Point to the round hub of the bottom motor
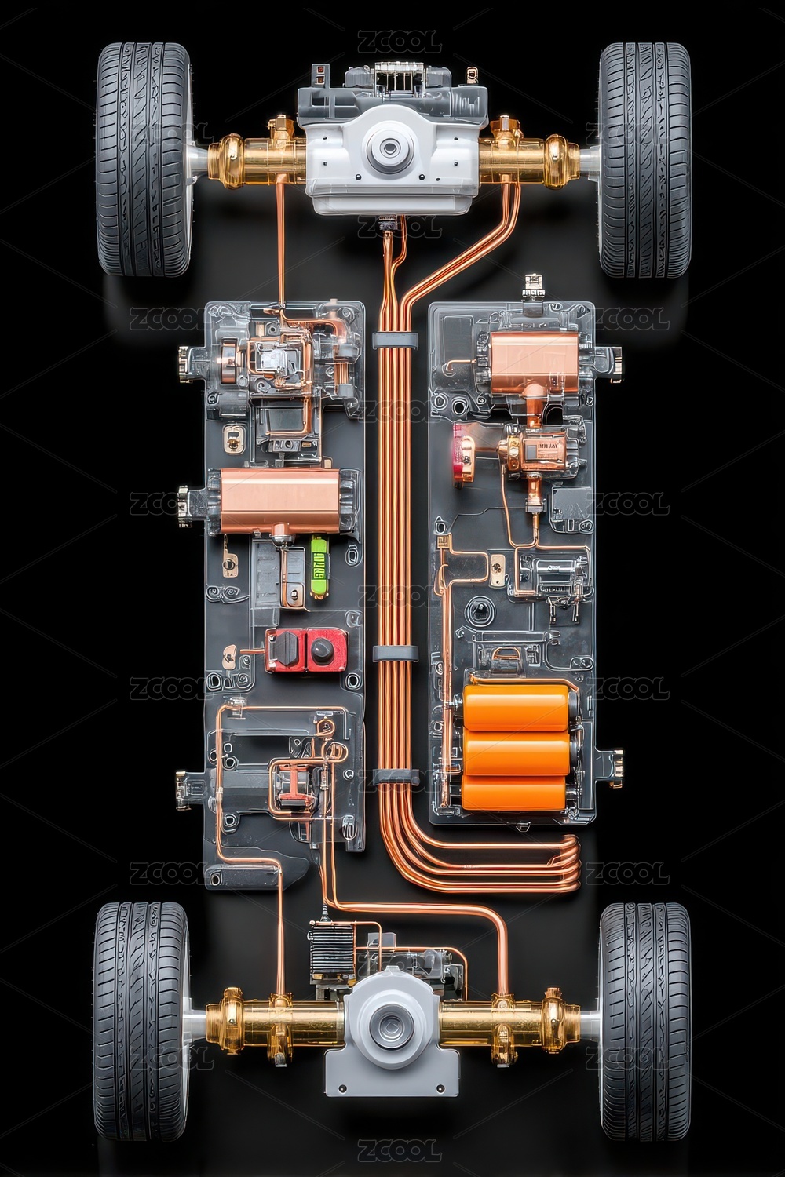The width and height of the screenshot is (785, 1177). (389, 1023)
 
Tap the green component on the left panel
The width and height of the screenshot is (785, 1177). (318, 566)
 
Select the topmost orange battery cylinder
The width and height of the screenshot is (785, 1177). (516, 705)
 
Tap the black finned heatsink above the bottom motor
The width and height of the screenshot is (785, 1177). (329, 948)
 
